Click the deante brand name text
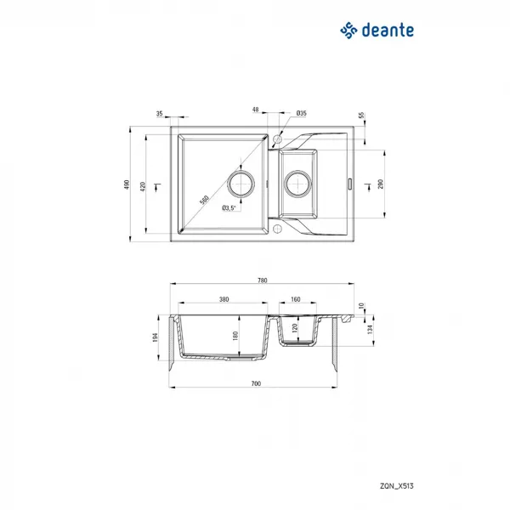(x=388, y=30)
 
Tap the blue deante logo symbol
(x=348, y=31)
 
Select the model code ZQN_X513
(x=397, y=486)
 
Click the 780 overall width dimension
(x=262, y=280)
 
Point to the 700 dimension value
(x=256, y=383)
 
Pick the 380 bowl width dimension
(x=224, y=299)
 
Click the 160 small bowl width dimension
(x=295, y=299)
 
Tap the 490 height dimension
(x=127, y=184)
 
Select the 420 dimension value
(x=143, y=186)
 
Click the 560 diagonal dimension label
(x=204, y=200)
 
